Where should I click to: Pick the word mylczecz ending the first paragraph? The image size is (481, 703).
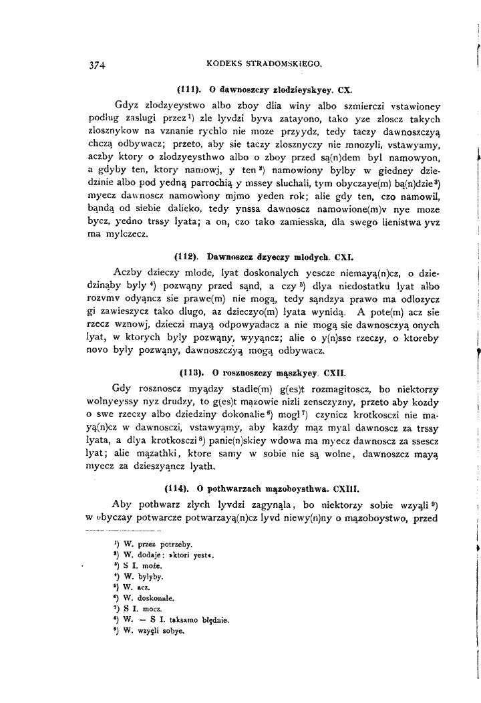[130, 235]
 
